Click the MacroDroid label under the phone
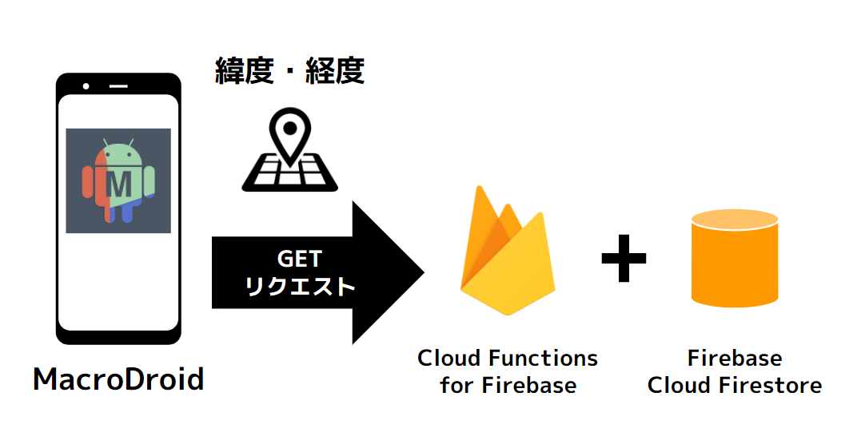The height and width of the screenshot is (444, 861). pos(118,379)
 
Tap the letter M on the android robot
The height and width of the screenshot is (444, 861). pos(119,184)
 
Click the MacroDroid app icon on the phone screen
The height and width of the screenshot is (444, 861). pos(118,180)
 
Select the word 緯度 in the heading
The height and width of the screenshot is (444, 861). pos(244,71)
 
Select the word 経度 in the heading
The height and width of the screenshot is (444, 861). pos(336,71)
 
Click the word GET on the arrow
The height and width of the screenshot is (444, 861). pos(298,259)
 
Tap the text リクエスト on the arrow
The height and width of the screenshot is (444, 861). pos(298,286)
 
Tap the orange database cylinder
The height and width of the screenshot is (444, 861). pos(735,259)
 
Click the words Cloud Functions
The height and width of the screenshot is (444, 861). pos(507,358)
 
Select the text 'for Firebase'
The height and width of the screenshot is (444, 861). pos(507,385)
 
